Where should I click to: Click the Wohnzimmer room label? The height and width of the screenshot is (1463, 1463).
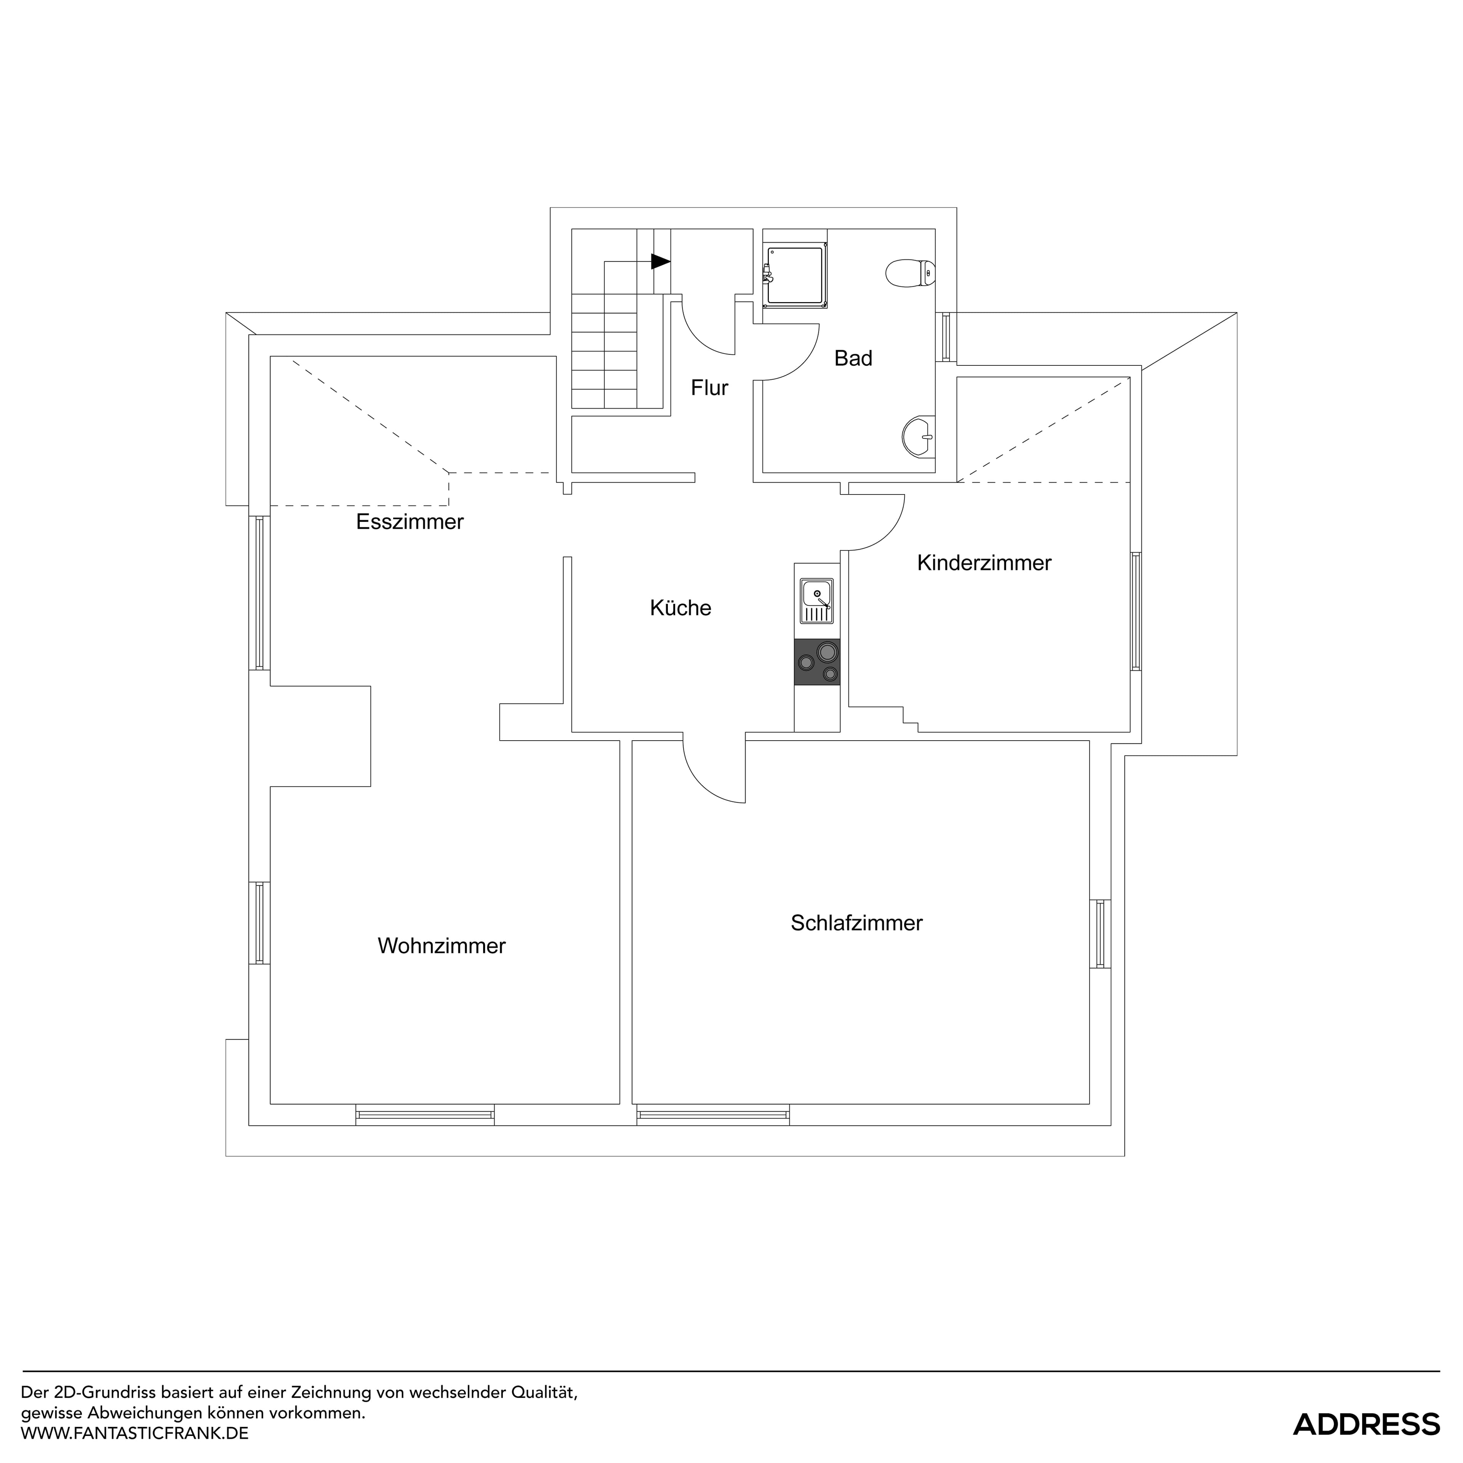pos(442,946)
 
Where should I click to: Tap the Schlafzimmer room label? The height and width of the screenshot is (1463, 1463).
pos(856,923)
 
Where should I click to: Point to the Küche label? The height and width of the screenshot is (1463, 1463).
pos(680,608)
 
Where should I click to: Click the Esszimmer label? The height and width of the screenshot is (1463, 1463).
pos(410,522)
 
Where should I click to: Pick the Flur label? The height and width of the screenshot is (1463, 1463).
pos(709,388)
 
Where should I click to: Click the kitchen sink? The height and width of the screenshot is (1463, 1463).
pos(816,600)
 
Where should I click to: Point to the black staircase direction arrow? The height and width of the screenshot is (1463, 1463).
pos(660,261)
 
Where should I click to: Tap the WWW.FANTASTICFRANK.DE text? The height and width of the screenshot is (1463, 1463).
pos(135,1433)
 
